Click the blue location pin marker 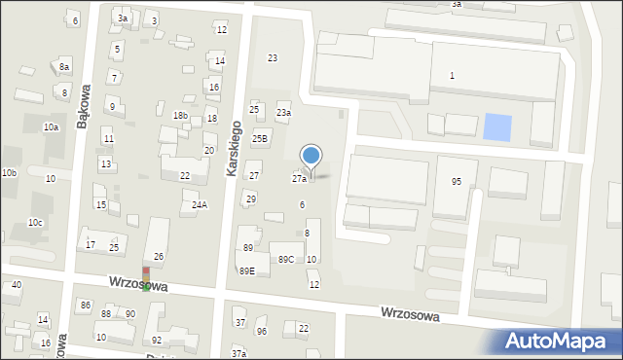tap(311, 157)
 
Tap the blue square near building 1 tap(496, 126)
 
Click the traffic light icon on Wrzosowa tap(146, 278)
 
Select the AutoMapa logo tap(560, 341)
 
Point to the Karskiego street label tap(233, 149)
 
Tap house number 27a tap(300, 179)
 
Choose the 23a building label tap(283, 113)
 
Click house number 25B tap(260, 139)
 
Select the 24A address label tap(199, 205)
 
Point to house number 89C tap(286, 260)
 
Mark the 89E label tap(247, 271)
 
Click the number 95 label tap(457, 182)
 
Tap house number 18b tap(180, 116)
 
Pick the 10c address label tap(35, 223)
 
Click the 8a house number tap(64, 66)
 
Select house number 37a tap(238, 353)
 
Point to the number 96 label tap(261, 332)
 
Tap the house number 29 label tap(250, 199)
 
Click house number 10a tap(51, 127)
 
